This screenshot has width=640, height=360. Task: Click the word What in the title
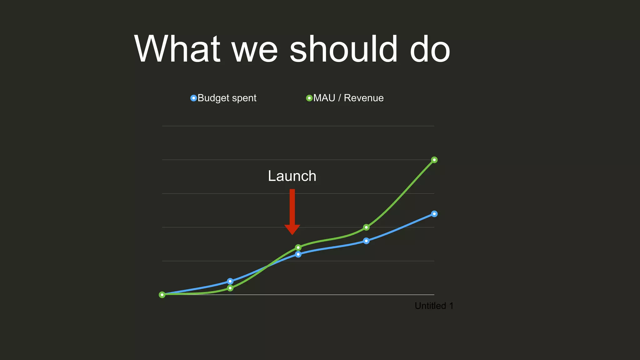(x=177, y=49)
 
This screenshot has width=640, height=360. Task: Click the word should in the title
(x=344, y=49)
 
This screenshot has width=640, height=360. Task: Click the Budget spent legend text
(x=227, y=98)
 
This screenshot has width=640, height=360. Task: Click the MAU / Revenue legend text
(x=348, y=98)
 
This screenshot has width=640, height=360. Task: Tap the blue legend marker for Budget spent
(x=194, y=98)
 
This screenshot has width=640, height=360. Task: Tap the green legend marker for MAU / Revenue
(x=309, y=98)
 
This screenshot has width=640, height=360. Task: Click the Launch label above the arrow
(x=292, y=176)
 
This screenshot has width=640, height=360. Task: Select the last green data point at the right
(x=434, y=160)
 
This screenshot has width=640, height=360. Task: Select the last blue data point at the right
(x=434, y=214)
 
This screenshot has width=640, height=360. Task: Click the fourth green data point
(x=366, y=227)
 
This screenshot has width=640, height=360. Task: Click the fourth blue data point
(x=366, y=241)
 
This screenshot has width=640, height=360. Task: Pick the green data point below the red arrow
(x=298, y=247)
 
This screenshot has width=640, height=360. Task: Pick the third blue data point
(x=298, y=254)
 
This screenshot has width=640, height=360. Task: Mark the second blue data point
(x=230, y=281)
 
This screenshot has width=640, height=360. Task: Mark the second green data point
(x=230, y=288)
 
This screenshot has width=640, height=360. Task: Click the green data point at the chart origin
(x=162, y=295)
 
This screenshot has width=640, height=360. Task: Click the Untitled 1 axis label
(x=434, y=306)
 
